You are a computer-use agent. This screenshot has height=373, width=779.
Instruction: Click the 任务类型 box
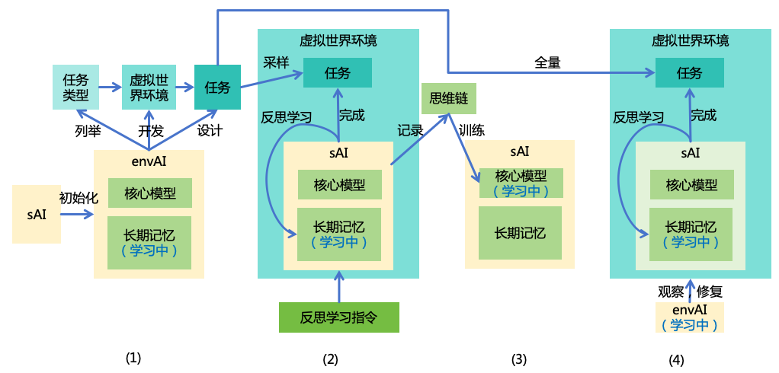coord(76,87)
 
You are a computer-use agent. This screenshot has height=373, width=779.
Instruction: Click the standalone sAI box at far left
coord(37,214)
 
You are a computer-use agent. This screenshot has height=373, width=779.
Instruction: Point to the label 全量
coord(547,63)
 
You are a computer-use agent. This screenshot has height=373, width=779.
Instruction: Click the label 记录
coord(409,130)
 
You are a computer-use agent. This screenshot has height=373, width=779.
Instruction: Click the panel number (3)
coord(519,359)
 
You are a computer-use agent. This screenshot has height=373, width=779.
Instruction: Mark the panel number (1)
coord(133,357)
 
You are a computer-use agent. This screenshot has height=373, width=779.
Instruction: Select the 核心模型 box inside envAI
coord(150,193)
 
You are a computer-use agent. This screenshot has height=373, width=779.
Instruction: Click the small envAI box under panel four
coord(690,317)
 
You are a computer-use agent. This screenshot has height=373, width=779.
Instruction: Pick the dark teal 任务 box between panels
coord(217,87)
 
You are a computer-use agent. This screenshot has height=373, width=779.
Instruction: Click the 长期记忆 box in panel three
coord(520,232)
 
